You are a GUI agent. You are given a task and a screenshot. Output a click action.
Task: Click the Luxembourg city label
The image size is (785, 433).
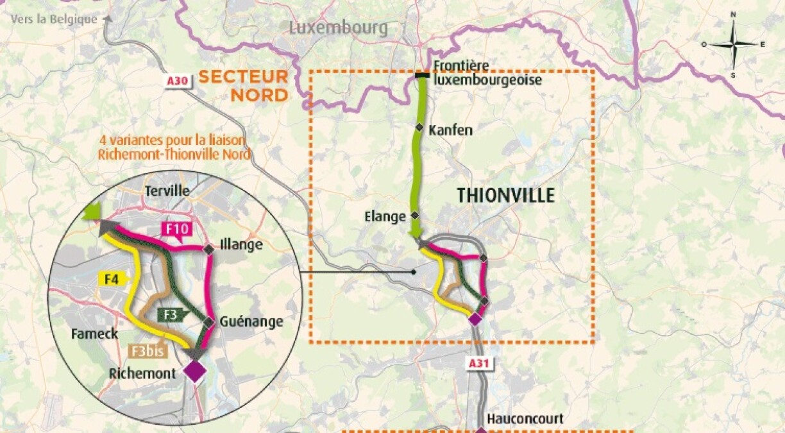point(338,28)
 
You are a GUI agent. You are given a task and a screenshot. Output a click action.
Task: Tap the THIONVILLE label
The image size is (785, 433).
point(505,196)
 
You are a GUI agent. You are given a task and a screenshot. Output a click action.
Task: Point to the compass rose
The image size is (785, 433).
point(733,44)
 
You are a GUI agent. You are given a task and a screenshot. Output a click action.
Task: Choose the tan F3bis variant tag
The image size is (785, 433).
point(147,351)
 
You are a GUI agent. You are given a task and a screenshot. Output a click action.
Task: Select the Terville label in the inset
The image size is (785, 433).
point(167,191)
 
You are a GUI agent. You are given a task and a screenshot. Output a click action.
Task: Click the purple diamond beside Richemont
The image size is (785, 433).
point(194,371)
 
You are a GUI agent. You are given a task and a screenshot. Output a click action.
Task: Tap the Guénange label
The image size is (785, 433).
point(251,322)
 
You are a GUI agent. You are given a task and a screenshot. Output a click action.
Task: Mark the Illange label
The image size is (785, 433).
point(241,245)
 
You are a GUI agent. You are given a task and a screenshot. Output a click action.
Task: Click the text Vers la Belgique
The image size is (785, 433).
point(54,19)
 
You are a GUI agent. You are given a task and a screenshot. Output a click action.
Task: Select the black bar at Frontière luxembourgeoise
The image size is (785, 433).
point(422,76)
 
